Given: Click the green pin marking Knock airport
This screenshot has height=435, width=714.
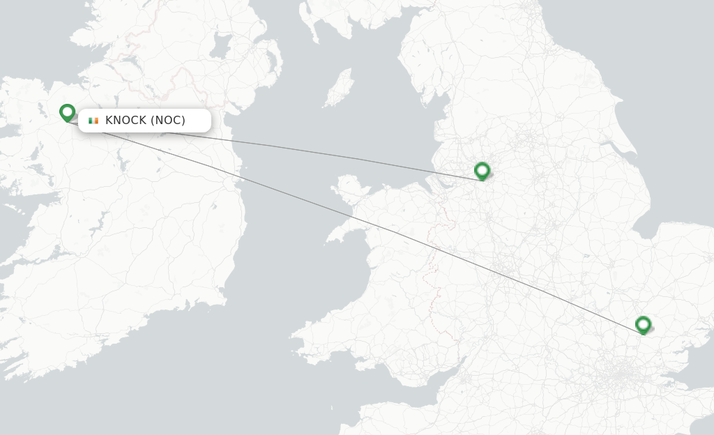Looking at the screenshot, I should click(67, 112).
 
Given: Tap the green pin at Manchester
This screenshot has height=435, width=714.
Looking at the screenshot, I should click(482, 170).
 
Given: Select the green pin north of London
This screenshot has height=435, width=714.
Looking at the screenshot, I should click(643, 324).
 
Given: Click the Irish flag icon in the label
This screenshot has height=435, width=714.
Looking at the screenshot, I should click(93, 121).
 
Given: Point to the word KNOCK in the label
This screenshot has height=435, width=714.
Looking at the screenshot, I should click(126, 121).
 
